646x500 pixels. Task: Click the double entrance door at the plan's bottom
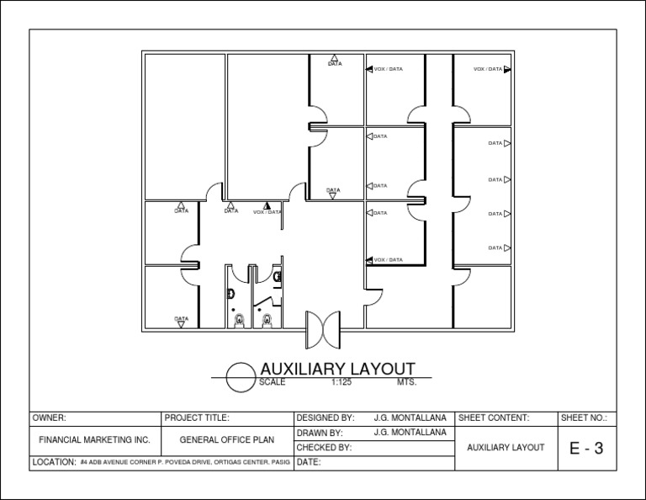(x=322, y=328)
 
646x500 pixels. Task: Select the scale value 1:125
(x=341, y=382)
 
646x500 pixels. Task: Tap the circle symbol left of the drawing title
(x=241, y=375)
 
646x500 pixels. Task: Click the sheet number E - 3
(x=586, y=449)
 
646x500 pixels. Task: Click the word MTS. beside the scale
(x=406, y=382)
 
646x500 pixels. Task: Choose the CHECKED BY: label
(x=324, y=448)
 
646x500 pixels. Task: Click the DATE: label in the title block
(x=309, y=463)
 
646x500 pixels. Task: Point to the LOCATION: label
(x=54, y=463)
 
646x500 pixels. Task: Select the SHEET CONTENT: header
(x=493, y=418)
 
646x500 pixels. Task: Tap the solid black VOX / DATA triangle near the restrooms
(x=267, y=205)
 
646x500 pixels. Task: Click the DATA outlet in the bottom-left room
(x=181, y=322)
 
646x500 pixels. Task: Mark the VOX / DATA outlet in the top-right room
(x=506, y=69)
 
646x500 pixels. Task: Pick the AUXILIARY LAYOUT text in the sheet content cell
(x=506, y=448)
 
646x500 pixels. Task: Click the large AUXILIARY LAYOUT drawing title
(x=337, y=369)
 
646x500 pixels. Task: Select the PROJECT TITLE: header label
(x=197, y=418)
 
